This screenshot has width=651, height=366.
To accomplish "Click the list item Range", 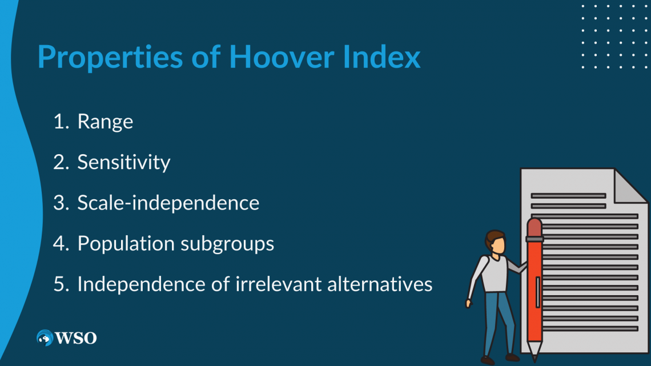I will [x=105, y=122].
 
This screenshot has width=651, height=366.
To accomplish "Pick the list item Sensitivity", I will [x=123, y=163].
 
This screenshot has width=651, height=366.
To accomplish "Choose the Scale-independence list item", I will [x=168, y=203].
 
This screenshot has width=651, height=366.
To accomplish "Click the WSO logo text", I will [x=75, y=338].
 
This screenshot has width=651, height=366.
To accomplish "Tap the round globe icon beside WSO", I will [x=45, y=338].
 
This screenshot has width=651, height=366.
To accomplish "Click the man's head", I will [x=496, y=242].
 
